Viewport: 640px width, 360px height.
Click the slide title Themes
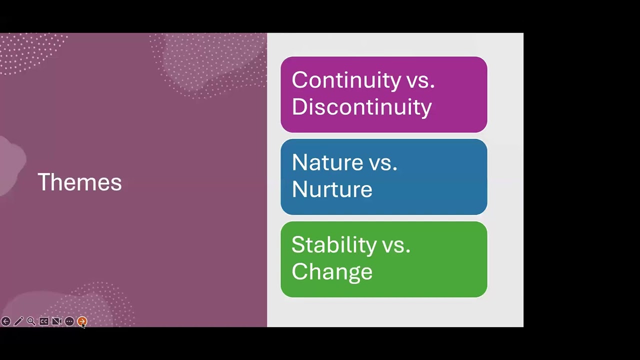point(79,182)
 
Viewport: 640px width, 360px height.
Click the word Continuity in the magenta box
point(346,80)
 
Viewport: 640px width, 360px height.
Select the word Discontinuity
point(361,107)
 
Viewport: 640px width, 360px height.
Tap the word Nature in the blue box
point(327,162)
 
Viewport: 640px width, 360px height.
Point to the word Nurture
point(331,189)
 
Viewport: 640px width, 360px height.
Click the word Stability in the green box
point(333,245)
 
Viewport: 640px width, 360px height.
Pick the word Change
point(331,271)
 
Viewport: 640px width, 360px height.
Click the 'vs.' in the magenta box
point(420,80)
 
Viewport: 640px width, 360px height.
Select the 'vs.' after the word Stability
point(396,245)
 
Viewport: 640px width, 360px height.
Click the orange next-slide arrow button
point(82,321)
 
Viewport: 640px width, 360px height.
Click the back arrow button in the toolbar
point(5,321)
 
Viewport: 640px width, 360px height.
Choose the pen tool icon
point(18,321)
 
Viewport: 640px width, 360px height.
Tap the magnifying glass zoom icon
point(31,321)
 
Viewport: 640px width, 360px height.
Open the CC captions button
point(44,321)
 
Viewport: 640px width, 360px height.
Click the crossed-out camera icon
point(56,321)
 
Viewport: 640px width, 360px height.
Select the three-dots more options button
point(69,321)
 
